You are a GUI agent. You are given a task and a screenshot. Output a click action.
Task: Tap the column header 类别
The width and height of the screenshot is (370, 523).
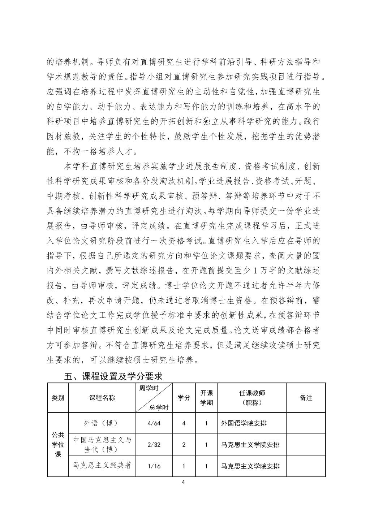click(x=58, y=398)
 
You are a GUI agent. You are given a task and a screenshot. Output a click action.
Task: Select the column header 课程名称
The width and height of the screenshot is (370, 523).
click(x=102, y=398)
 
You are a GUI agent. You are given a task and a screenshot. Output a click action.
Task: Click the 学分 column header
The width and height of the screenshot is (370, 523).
click(x=184, y=398)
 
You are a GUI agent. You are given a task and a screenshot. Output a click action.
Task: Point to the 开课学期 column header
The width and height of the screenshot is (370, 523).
click(x=206, y=398)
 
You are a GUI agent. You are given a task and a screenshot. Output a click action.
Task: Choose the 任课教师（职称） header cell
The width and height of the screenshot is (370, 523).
click(x=252, y=398)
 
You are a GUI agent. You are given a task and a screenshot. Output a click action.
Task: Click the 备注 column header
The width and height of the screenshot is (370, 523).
click(x=306, y=398)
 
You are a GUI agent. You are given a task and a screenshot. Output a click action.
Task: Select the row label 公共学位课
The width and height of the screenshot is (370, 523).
click(x=58, y=445)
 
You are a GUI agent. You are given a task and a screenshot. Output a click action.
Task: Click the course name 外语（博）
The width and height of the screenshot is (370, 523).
click(x=102, y=423)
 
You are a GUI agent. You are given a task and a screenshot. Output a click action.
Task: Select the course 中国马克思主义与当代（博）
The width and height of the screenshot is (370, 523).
click(x=102, y=445)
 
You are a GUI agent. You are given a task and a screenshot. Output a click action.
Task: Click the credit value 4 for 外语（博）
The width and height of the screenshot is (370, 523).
click(x=184, y=423)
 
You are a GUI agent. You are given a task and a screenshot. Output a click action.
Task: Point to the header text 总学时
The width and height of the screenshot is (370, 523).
click(x=159, y=407)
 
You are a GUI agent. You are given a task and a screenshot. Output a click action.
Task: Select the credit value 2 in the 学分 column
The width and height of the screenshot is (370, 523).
click(x=184, y=445)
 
